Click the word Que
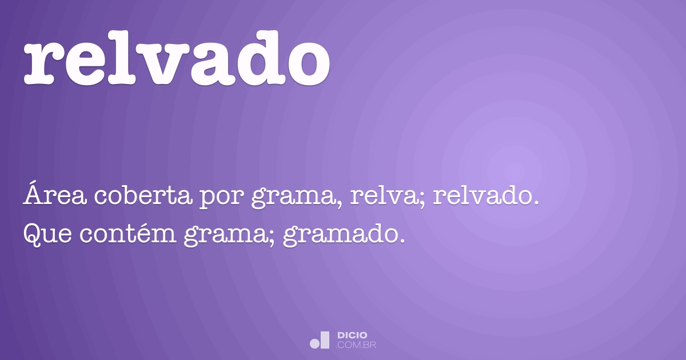(45, 234)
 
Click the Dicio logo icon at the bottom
(320, 340)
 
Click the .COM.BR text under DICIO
(357, 345)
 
